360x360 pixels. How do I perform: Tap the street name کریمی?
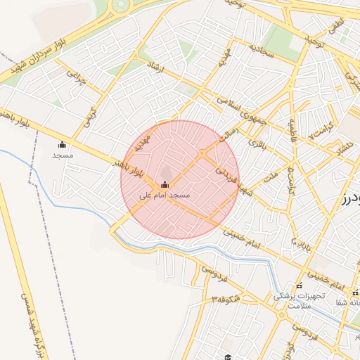tap(89, 116)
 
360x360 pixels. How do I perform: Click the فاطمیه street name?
tap(291, 131)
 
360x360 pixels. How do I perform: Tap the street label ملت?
tap(269, 175)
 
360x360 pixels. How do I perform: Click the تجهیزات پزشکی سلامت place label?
tap(299, 300)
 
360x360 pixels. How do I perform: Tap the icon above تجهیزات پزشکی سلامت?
tap(300, 285)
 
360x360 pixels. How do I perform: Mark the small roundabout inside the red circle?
tap(202, 153)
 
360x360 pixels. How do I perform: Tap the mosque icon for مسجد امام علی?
tap(165, 184)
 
